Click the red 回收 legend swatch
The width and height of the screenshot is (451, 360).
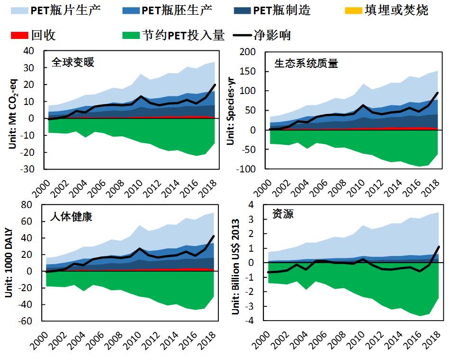pyautogui.click(x=18, y=35)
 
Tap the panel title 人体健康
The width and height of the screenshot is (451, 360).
pyautogui.click(x=71, y=217)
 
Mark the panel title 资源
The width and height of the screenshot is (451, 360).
pyautogui.click(x=284, y=214)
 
